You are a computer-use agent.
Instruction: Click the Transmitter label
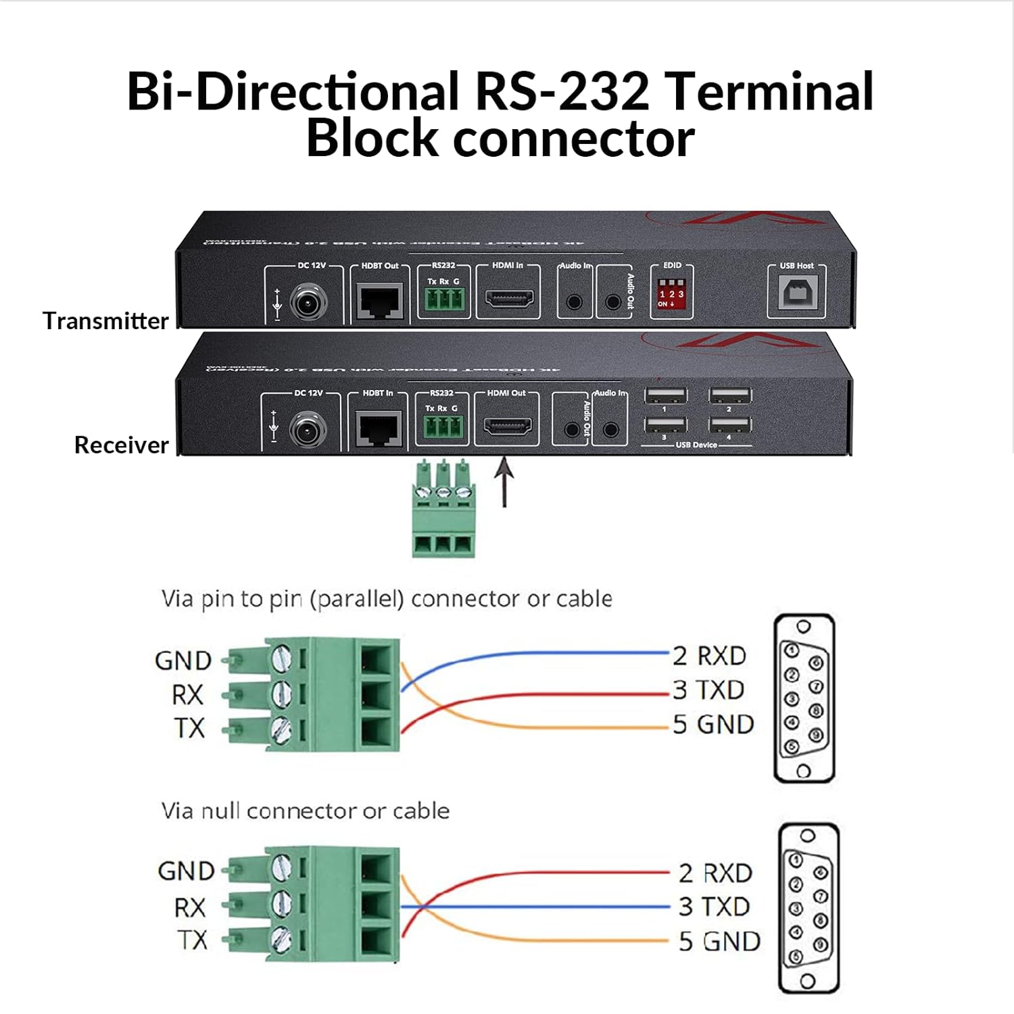pos(105,320)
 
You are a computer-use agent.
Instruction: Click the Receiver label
pos(121,445)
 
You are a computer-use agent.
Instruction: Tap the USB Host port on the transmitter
pos(796,293)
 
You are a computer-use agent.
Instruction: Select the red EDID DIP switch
pos(671,295)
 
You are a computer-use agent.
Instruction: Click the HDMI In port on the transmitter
pos(508,298)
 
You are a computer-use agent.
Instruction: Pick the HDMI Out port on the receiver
pos(506,427)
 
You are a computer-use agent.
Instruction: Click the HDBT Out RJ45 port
pos(380,301)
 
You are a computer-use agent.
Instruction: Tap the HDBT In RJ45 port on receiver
pos(378,429)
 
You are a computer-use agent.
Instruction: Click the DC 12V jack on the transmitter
pos(309,301)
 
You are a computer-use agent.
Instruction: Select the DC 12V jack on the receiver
pos(308,429)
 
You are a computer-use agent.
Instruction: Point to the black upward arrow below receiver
pos(504,481)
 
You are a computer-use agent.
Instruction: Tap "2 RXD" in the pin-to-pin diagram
pos(709,656)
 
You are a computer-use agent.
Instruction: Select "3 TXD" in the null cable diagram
pos(714,907)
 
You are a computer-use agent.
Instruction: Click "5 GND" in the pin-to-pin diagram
pos(713,725)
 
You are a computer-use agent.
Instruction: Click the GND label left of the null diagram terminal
pos(185,871)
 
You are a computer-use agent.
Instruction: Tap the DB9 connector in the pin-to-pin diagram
pos(804,698)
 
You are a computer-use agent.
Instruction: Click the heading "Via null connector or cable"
pos(305,811)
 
